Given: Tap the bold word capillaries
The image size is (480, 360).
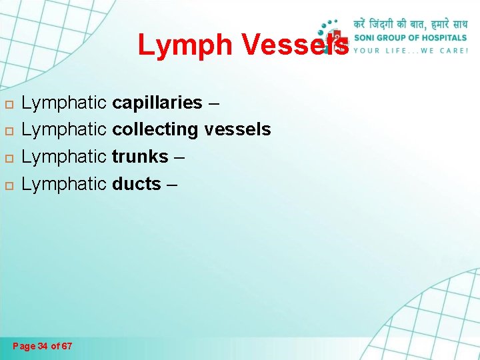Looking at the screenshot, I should pyautogui.click(x=157, y=103).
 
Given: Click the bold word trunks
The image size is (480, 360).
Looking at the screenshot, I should pyautogui.click(x=140, y=157).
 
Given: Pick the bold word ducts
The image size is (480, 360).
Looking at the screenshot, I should pyautogui.click(x=137, y=183).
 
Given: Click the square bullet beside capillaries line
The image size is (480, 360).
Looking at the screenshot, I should pyautogui.click(x=8, y=104).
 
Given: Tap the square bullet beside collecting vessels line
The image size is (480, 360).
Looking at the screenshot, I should pyautogui.click(x=8, y=131).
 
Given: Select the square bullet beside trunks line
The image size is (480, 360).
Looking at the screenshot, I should pyautogui.click(x=8, y=157).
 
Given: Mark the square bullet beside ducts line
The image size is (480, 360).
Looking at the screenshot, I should pyautogui.click(x=8, y=184).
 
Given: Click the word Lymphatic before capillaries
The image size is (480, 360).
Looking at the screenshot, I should pyautogui.click(x=64, y=103).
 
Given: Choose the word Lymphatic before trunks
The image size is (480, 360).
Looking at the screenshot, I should pyautogui.click(x=64, y=157).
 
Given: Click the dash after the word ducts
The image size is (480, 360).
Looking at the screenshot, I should pyautogui.click(x=172, y=184).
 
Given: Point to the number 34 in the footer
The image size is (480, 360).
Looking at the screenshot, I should pyautogui.click(x=43, y=346).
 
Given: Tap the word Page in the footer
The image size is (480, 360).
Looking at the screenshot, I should pyautogui.click(x=24, y=346).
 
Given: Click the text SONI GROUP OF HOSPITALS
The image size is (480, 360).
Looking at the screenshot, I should pyautogui.click(x=410, y=37).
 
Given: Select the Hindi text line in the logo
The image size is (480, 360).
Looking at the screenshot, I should pyautogui.click(x=409, y=23).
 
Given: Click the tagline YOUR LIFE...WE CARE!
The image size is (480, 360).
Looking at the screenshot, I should pyautogui.click(x=411, y=50).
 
